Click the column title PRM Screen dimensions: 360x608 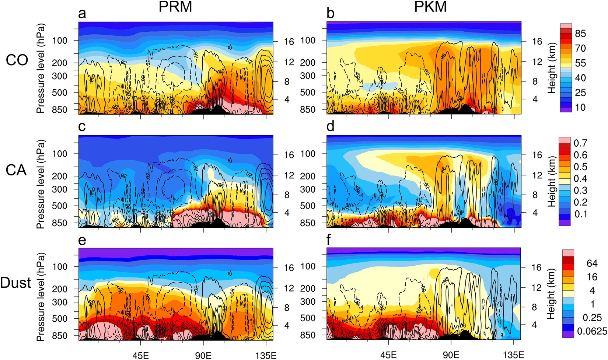point(175,7)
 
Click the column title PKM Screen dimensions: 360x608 point(430,7)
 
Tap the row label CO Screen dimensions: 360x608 point(17,60)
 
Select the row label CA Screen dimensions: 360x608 point(16,170)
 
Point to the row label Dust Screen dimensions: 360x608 point(16,283)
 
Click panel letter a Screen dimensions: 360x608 point(82,13)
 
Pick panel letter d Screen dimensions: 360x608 point(331,126)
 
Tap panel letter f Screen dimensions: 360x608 point(329,240)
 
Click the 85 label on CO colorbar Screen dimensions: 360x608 point(580,34)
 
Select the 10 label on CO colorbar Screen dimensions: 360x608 point(580,107)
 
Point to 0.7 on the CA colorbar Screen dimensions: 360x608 point(580,143)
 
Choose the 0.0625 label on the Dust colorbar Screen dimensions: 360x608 point(592,331)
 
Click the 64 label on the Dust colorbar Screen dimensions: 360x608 point(592,263)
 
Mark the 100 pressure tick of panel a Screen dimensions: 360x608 point(60,41)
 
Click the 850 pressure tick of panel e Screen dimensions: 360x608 point(60,336)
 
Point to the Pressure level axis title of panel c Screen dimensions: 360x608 point(41,184)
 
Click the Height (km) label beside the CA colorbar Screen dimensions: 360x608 point(552,181)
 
